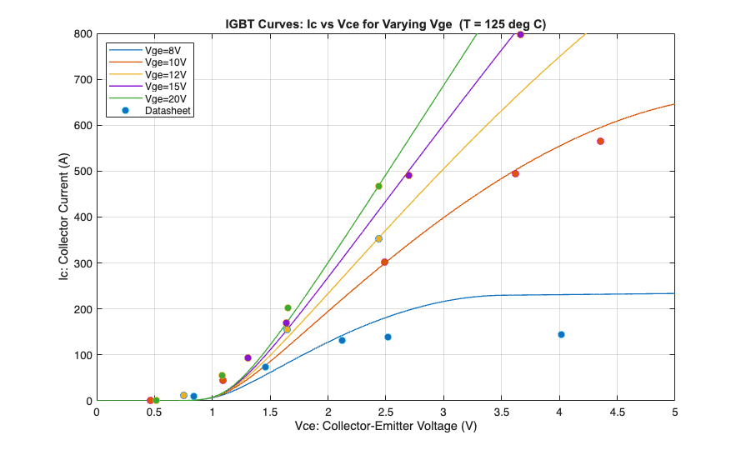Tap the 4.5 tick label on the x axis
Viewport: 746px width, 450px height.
(x=617, y=412)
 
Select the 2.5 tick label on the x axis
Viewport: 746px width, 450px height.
(x=386, y=412)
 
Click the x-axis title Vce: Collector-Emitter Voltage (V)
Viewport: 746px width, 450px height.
(x=386, y=427)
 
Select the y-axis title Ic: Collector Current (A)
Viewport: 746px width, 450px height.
(x=63, y=217)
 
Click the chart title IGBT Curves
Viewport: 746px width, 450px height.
(x=386, y=23)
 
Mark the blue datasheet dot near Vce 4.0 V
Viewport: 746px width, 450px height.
(x=561, y=335)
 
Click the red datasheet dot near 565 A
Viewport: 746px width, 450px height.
(x=600, y=142)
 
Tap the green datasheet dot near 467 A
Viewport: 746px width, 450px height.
(x=378, y=187)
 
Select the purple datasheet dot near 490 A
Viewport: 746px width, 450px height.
(x=408, y=176)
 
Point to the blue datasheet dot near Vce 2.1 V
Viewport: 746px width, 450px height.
(x=342, y=340)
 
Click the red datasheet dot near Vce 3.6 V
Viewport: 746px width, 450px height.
(x=515, y=173)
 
